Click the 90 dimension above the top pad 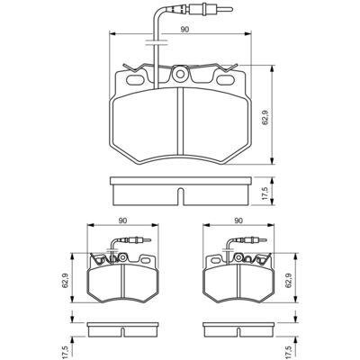[x=184, y=30]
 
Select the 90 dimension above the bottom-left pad [x=122, y=220]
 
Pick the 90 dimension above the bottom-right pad [x=238, y=220]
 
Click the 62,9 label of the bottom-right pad [x=289, y=281]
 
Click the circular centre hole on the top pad [x=180, y=74]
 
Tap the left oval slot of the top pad [x=136, y=80]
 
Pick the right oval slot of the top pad [x=226, y=80]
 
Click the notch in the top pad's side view [x=180, y=196]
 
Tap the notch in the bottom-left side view [x=122, y=332]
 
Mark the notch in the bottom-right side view [x=238, y=332]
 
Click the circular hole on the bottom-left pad [x=122, y=257]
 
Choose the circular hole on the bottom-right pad [x=238, y=257]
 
